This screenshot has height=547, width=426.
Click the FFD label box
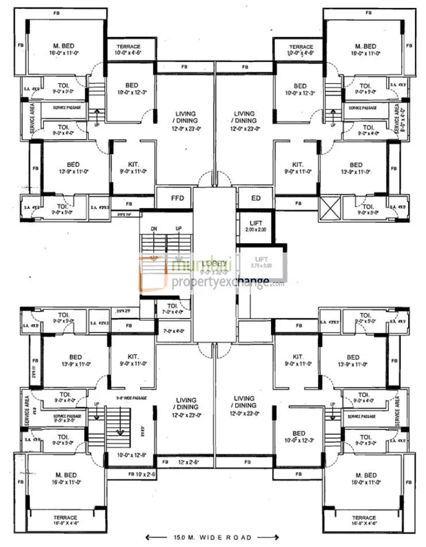[x=177, y=198]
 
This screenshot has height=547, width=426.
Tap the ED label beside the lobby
[x=256, y=198]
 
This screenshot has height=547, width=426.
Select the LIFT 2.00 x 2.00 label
[x=256, y=226]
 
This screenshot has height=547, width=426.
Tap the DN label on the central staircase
[x=154, y=228]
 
